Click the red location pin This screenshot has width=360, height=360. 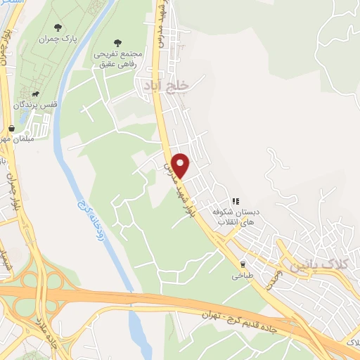point(181,165)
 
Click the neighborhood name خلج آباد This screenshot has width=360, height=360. point(169,84)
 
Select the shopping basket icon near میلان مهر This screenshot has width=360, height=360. point(11,129)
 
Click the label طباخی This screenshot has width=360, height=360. point(243,276)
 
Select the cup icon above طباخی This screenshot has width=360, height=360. point(243,264)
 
